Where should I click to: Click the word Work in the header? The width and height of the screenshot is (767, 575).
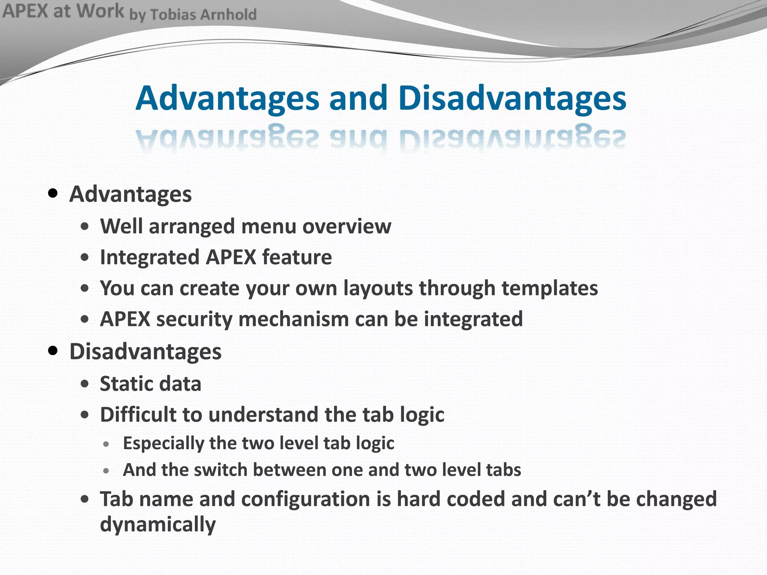pyautogui.click(x=100, y=11)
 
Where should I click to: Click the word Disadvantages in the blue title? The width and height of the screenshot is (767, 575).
pyautogui.click(x=512, y=98)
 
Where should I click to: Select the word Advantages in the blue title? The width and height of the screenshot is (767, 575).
pyautogui.click(x=227, y=98)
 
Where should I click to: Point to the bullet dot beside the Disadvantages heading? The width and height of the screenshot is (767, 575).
pyautogui.click(x=53, y=351)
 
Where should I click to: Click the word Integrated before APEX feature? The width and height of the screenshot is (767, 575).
pyautogui.click(x=149, y=258)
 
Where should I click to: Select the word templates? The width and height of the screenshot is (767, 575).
pyautogui.click(x=549, y=288)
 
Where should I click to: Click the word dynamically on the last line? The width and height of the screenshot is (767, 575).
pyautogui.click(x=158, y=524)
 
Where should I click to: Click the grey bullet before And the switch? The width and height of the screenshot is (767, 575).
pyautogui.click(x=107, y=471)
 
